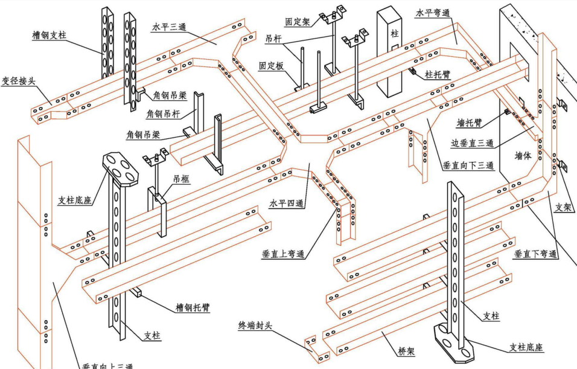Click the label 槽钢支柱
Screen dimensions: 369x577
click(49, 35)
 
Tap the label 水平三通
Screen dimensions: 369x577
click(168, 27)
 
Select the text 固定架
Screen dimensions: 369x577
click(298, 21)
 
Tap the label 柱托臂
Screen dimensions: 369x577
click(438, 75)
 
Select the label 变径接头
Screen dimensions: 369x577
click(18, 80)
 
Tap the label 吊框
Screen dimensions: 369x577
click(181, 179)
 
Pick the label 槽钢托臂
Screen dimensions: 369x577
click(192, 307)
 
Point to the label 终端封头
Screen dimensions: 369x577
click(255, 326)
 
